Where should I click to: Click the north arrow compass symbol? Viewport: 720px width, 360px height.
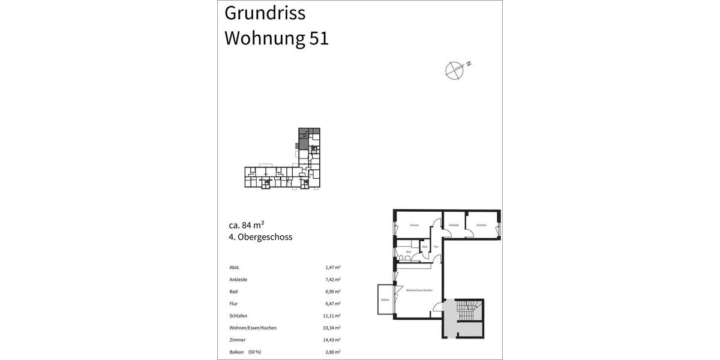455,70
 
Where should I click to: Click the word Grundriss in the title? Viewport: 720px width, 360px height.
265,13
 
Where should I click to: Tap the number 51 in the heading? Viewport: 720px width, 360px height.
319,38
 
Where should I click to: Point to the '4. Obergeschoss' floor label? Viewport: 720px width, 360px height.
260,237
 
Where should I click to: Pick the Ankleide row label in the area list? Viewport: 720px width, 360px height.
238,280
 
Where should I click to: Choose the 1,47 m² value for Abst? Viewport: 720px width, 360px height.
332,268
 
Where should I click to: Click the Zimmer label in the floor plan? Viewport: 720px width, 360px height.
414,226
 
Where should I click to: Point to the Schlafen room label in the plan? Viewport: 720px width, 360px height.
481,226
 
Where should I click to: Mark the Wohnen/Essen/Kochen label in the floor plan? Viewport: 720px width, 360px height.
419,290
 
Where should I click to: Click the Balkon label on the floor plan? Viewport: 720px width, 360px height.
385,300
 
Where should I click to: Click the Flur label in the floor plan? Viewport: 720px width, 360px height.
436,247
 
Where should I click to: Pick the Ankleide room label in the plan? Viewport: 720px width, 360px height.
454,226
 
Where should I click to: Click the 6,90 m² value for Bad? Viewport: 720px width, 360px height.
332,292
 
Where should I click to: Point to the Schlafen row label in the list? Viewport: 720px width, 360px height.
238,316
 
